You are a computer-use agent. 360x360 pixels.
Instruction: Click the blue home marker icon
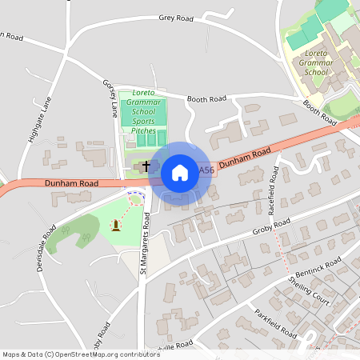(x=179, y=172)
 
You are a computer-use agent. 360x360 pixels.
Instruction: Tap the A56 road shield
(x=206, y=170)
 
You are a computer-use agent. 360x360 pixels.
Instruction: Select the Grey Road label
(x=176, y=17)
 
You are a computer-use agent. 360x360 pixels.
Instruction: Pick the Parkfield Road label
(x=276, y=321)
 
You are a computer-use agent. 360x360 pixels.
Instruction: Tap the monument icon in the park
(x=117, y=226)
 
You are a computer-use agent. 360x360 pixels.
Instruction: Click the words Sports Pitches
(x=145, y=125)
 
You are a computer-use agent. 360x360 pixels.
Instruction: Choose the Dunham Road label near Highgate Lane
(x=72, y=183)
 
